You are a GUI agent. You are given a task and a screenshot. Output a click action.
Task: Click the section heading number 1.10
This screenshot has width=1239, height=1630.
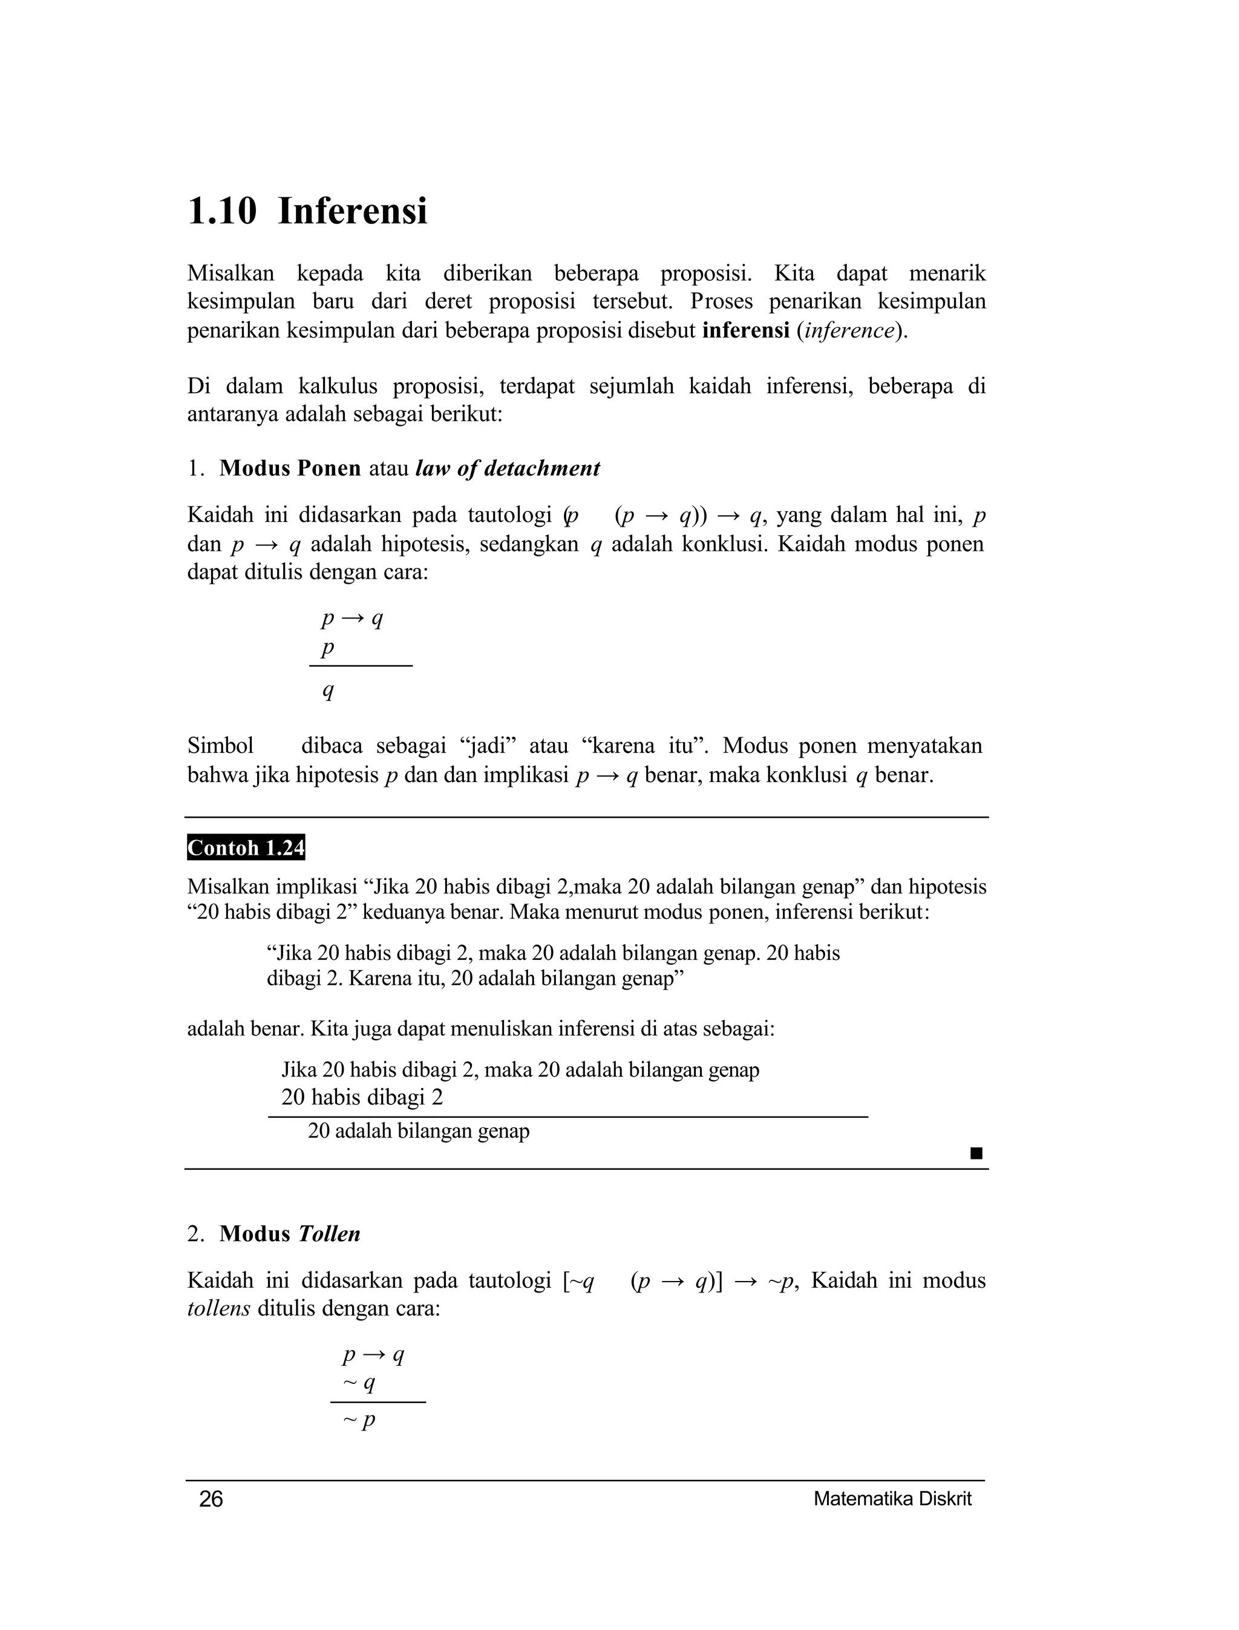click(222, 212)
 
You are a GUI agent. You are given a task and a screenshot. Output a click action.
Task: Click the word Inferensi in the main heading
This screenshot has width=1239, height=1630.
click(353, 212)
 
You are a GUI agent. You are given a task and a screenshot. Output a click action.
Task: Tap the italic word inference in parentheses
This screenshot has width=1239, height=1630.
click(849, 330)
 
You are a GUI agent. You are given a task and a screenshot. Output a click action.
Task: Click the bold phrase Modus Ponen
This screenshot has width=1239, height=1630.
click(290, 468)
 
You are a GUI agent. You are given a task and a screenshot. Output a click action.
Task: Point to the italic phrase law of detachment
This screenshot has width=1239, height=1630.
click(508, 468)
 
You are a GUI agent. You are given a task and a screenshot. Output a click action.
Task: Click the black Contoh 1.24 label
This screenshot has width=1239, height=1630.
click(246, 848)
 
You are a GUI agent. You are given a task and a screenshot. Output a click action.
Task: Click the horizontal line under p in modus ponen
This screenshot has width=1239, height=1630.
click(361, 666)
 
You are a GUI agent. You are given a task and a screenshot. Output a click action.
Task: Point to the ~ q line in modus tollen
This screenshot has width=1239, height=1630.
click(359, 1383)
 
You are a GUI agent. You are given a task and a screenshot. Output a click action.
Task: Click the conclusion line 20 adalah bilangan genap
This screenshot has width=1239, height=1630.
click(418, 1131)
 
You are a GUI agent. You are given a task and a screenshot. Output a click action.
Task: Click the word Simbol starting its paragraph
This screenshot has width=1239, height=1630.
click(220, 746)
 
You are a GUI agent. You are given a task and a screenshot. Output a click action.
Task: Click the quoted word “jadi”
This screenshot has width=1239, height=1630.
click(488, 746)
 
